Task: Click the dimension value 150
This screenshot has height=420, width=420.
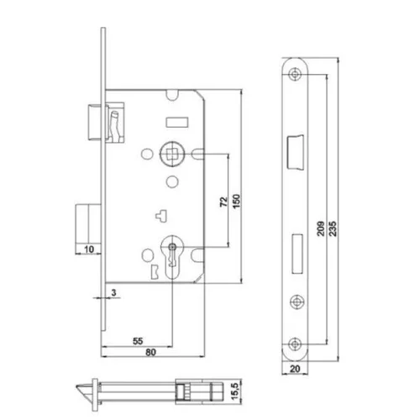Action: (x=237, y=201)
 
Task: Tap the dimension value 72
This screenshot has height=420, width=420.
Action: (x=224, y=202)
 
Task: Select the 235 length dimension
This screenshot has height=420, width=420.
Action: (x=333, y=228)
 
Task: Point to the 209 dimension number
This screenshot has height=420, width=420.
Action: (x=321, y=228)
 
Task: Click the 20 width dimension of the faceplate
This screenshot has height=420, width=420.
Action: (x=295, y=369)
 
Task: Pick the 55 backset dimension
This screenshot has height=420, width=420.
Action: (x=138, y=341)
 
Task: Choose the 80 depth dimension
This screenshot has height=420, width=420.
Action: (x=150, y=352)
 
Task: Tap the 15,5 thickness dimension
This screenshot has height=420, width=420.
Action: (x=235, y=391)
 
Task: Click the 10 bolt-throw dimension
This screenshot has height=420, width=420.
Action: (x=89, y=249)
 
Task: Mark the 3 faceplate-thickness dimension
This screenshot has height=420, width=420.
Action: (x=113, y=292)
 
